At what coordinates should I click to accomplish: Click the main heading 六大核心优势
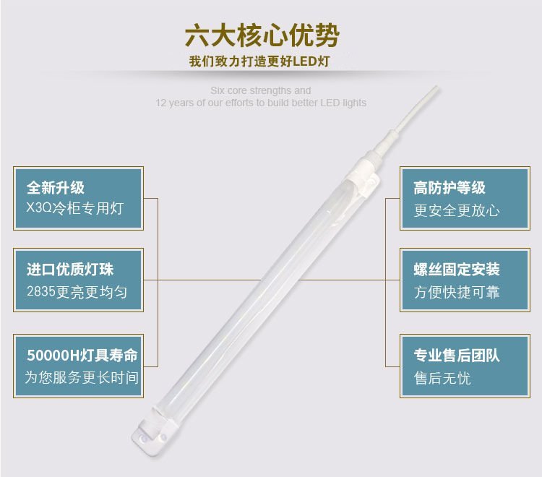click(x=262, y=35)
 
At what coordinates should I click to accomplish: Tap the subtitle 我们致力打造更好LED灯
click(x=259, y=61)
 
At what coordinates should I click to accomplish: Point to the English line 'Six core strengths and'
click(x=261, y=90)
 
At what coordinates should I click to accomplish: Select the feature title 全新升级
click(x=56, y=188)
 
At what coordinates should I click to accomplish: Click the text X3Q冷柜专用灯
click(x=75, y=208)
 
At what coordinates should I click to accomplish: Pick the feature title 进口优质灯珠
click(x=70, y=270)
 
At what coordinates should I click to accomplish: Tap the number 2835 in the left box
click(x=41, y=292)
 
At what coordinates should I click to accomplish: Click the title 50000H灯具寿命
click(x=82, y=355)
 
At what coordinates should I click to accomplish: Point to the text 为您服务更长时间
click(x=82, y=377)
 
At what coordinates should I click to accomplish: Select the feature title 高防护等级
click(x=449, y=188)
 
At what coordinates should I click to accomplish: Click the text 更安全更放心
click(x=457, y=210)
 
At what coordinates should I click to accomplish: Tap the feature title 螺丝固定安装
click(x=457, y=270)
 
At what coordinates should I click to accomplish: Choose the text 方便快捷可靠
click(x=457, y=292)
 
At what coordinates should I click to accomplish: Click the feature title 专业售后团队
click(x=457, y=355)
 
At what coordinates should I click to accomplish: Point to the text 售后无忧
click(x=442, y=378)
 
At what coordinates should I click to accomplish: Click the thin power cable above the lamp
click(x=415, y=109)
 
